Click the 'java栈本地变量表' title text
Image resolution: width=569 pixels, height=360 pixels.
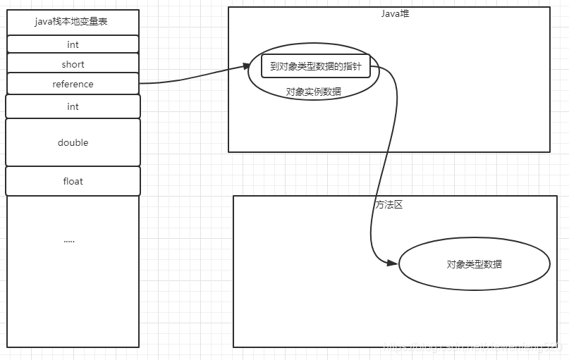(x=73, y=22)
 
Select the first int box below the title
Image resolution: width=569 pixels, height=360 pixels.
(x=73, y=44)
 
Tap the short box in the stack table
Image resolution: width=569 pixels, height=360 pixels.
(x=73, y=64)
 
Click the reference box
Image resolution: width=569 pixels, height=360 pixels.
(x=73, y=84)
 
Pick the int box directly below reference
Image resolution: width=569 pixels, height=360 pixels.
(x=73, y=106)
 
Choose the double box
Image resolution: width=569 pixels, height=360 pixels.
(x=73, y=142)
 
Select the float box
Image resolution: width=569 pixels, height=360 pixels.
(x=73, y=181)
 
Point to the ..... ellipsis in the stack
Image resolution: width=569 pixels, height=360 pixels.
(x=69, y=240)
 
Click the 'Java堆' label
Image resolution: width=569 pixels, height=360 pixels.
(x=389, y=13)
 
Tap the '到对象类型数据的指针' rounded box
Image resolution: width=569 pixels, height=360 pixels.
(x=316, y=66)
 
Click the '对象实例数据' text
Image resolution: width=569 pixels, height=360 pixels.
(x=313, y=92)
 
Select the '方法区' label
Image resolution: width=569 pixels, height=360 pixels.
(x=389, y=204)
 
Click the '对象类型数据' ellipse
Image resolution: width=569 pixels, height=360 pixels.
(x=474, y=264)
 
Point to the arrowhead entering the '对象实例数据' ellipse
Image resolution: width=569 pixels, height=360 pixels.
(x=246, y=67)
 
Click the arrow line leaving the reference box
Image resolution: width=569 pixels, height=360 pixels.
(x=190, y=79)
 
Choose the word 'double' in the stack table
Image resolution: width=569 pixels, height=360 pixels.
(x=73, y=142)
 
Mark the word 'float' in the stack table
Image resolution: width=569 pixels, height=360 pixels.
(x=73, y=181)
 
